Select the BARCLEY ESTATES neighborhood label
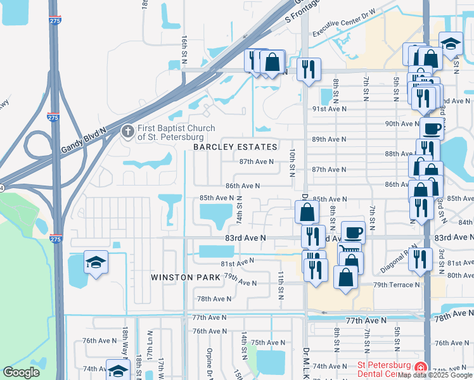(x=236, y=147)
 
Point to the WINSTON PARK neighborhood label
(x=185, y=277)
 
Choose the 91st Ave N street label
(x=329, y=109)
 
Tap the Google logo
(x=21, y=372)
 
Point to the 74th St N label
(x=240, y=207)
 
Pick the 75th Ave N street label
(x=268, y=343)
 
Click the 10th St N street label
(x=292, y=163)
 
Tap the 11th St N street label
(x=279, y=282)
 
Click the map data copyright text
(x=435, y=375)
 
